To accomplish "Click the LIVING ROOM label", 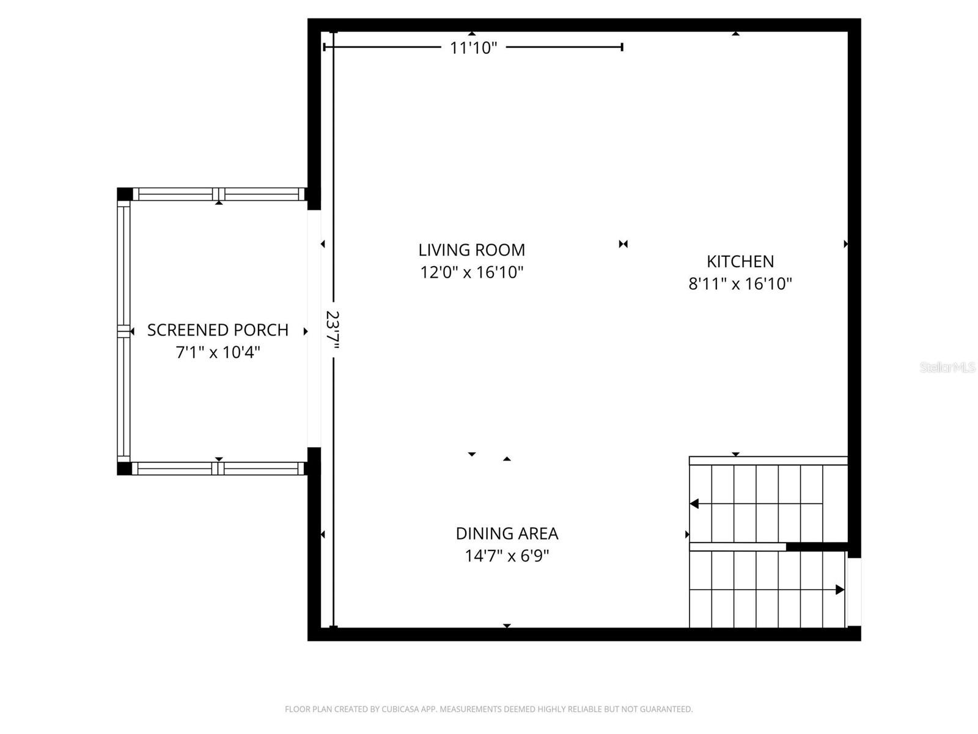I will [x=471, y=250].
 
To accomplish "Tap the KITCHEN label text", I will [x=740, y=261].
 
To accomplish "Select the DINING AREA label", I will [x=507, y=533].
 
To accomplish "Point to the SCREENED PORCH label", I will [x=218, y=330].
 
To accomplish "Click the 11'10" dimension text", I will [x=474, y=48].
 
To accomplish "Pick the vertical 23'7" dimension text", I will [x=333, y=331].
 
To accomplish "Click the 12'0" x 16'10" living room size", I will [x=471, y=272].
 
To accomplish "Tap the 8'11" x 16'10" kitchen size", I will [x=740, y=284].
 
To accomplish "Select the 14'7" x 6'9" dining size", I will [x=507, y=556].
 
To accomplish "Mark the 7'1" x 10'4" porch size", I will [x=218, y=352].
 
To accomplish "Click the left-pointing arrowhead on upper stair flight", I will [x=694, y=504].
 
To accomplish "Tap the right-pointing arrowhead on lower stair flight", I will [x=840, y=590].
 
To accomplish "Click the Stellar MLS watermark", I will [x=947, y=367].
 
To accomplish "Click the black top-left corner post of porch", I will [x=124, y=194].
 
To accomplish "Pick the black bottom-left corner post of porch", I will [x=124, y=469].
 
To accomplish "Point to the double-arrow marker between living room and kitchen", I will [x=623, y=244].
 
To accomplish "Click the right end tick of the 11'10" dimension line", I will [x=622, y=47].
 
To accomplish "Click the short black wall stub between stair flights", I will [x=816, y=547].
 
